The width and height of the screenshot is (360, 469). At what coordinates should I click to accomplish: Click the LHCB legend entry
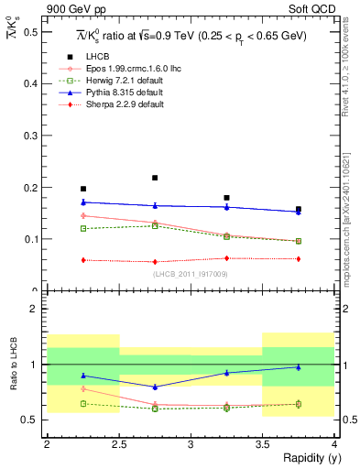97,57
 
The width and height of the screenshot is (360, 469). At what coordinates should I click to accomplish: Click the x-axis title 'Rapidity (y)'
306,458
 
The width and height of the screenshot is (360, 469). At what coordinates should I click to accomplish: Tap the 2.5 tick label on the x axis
118,444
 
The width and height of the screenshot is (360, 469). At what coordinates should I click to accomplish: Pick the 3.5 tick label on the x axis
262,444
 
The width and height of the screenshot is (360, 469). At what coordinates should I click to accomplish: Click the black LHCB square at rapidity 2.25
83,189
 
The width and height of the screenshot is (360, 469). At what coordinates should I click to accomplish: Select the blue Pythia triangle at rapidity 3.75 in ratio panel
299,367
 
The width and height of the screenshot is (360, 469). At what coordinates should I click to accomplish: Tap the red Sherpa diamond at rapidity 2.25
83,260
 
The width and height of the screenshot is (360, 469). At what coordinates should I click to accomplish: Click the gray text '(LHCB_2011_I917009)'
190,273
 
